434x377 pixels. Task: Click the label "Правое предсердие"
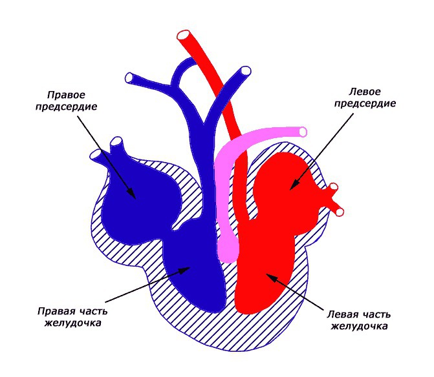pyautogui.click(x=67, y=101)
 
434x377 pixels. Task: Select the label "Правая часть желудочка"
pyautogui.click(x=69, y=317)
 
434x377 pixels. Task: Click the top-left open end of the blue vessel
pyautogui.click(x=129, y=78)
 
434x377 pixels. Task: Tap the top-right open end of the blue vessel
pyautogui.click(x=246, y=71)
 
